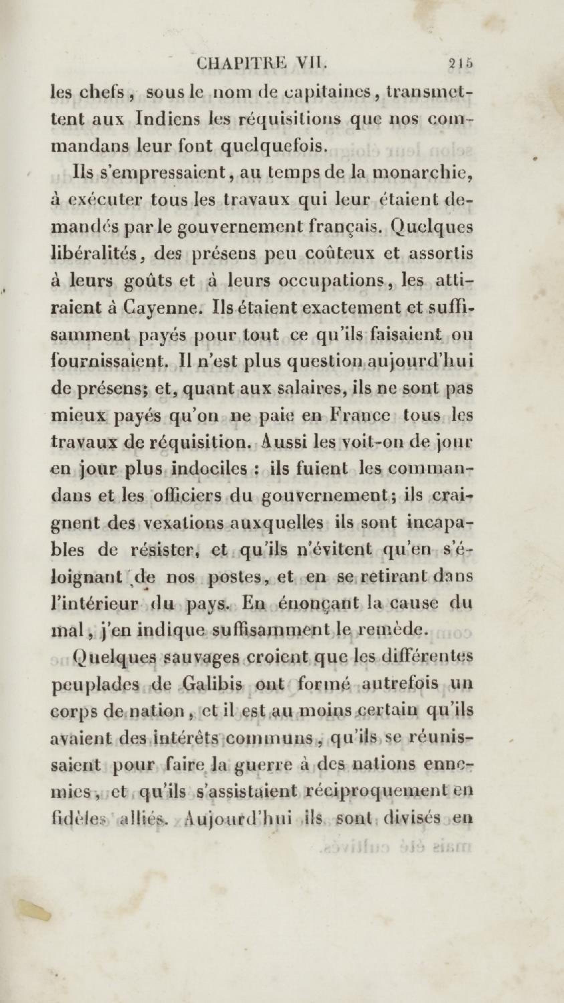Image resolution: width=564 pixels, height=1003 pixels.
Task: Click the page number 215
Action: click(x=460, y=64)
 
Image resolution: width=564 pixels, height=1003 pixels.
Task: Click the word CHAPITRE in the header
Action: click(x=242, y=64)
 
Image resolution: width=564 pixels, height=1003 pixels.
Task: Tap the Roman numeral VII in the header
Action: click(x=311, y=64)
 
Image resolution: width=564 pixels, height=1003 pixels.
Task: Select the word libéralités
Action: click(x=94, y=254)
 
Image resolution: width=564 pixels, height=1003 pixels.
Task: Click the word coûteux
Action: click(x=340, y=254)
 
